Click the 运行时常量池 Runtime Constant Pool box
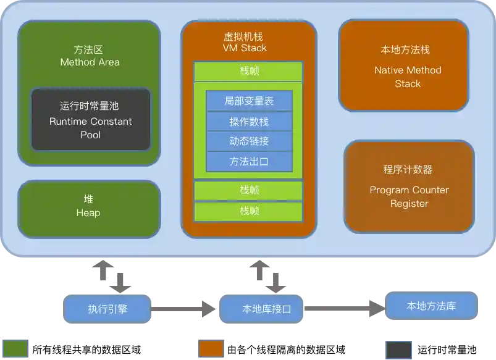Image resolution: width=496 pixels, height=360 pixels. (91, 120)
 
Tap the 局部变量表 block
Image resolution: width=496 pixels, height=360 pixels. (249, 101)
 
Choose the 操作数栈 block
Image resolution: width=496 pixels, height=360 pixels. (249, 122)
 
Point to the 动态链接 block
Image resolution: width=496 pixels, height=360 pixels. (249, 141)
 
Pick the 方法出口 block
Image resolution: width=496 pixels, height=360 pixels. (249, 161)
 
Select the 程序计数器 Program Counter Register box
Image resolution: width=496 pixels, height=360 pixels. (409, 186)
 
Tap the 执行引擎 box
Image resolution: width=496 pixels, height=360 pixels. (107, 309)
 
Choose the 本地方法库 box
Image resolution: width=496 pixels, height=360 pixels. (431, 306)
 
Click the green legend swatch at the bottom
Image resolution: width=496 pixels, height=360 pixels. (15, 348)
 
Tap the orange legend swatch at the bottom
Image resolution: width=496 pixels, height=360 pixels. (211, 348)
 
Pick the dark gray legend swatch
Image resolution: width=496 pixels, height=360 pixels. (398, 350)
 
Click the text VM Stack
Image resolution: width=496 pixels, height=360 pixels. (245, 48)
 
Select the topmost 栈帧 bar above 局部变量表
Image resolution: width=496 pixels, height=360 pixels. (249, 71)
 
